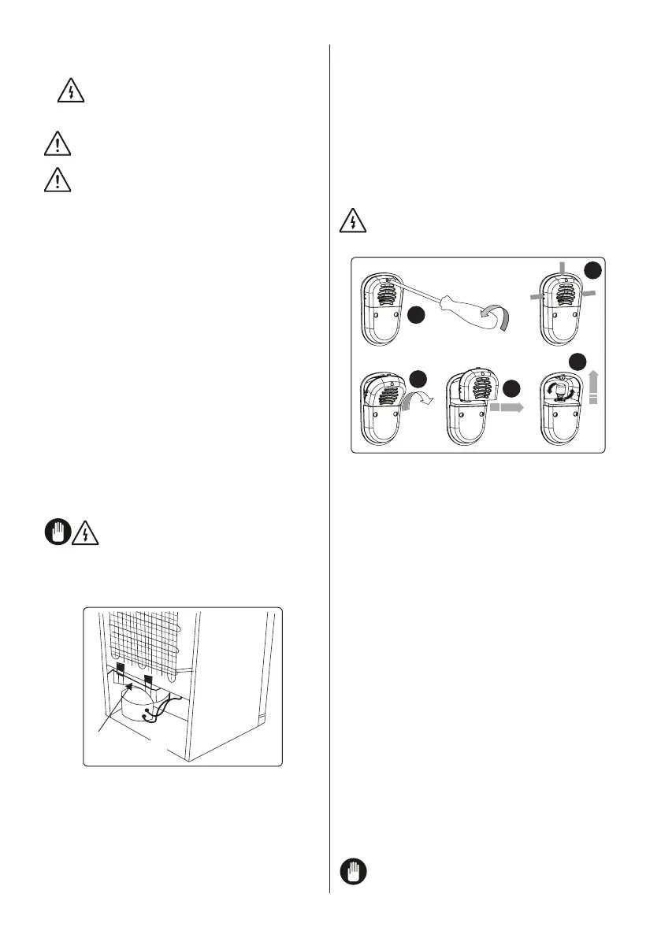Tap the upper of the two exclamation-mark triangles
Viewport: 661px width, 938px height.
click(56, 144)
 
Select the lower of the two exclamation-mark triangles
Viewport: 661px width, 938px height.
click(56, 180)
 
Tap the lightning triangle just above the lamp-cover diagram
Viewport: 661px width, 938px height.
click(355, 222)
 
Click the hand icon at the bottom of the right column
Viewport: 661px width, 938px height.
click(354, 873)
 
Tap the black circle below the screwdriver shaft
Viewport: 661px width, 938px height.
click(418, 315)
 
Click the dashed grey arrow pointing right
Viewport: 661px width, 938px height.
click(507, 408)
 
